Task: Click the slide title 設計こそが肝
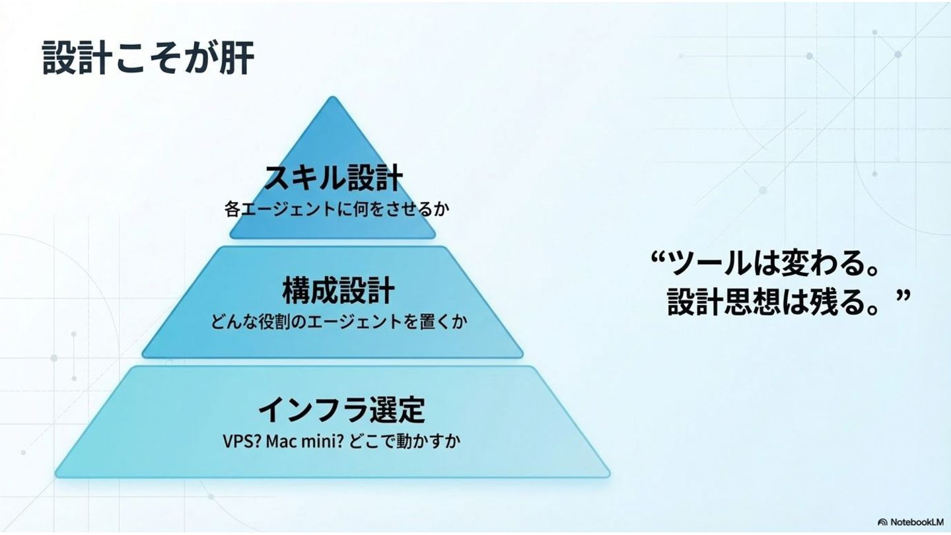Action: (x=148, y=58)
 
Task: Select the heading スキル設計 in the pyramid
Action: (x=333, y=178)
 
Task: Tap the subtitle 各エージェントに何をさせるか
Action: (x=337, y=210)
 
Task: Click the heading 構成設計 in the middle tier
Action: (x=338, y=291)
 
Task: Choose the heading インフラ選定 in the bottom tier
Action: (x=341, y=410)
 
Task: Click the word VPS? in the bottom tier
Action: (x=242, y=441)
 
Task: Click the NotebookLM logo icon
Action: (x=882, y=522)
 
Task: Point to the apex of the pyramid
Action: (x=333, y=99)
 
